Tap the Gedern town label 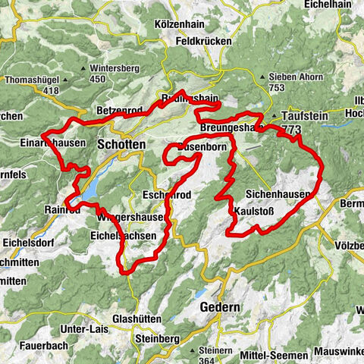(x=219, y=307)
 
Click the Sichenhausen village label (x=278, y=195)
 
